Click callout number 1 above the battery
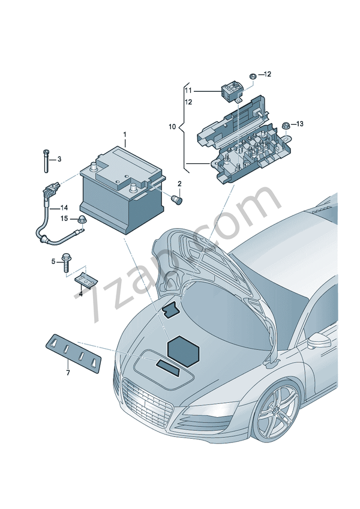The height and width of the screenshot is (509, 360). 125,134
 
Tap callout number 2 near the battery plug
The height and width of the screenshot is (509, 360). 179,182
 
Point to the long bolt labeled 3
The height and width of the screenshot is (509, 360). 46,159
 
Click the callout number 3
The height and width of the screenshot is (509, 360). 59,160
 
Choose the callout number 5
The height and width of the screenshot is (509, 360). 53,261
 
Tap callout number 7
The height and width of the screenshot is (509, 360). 68,373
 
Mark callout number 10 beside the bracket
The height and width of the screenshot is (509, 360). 172,127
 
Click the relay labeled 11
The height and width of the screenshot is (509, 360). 230,92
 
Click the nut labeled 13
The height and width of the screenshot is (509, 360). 286,125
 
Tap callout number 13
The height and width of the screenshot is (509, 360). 300,124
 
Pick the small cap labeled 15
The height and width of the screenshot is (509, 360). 82,219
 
